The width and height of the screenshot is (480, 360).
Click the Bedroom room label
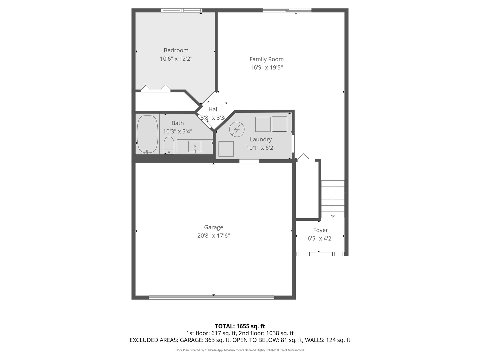176,50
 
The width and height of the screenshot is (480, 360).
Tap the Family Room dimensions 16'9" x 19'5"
266,68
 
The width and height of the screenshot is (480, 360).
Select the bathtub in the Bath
147,134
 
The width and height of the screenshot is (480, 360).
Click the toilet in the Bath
169,145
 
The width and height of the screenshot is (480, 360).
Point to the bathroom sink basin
195,146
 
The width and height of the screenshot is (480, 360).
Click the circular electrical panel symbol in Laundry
237,129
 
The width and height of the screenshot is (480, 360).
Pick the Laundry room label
261,139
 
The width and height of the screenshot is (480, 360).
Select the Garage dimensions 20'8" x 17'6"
213,236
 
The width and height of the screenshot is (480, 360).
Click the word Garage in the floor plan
213,227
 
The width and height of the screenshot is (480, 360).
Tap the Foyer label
320,230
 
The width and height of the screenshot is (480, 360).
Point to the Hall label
213,109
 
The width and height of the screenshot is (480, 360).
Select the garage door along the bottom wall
211,297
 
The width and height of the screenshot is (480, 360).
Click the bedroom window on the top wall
182,10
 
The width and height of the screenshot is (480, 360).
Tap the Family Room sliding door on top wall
287,11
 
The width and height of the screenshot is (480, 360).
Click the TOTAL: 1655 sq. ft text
240,326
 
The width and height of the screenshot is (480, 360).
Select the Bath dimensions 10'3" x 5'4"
177,132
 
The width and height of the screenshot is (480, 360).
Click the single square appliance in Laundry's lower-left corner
226,149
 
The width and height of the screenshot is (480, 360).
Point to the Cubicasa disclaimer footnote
240,350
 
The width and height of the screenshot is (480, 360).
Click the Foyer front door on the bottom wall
321,254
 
